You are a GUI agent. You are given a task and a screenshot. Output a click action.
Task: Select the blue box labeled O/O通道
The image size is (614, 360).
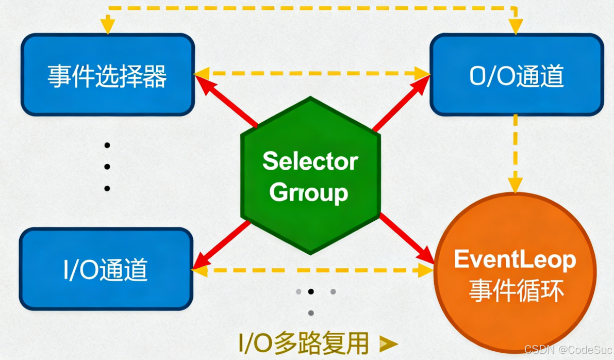click(x=517, y=75)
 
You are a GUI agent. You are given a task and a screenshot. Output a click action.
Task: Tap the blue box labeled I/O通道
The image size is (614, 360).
click(x=106, y=269)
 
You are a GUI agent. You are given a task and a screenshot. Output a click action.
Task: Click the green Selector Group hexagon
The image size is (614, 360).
click(x=310, y=175)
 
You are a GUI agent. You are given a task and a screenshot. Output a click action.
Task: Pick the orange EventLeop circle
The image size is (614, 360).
click(x=515, y=273)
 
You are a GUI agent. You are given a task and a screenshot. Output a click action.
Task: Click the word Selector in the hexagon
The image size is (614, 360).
click(x=310, y=161)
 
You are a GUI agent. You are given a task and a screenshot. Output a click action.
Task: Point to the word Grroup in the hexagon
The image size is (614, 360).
click(x=309, y=193)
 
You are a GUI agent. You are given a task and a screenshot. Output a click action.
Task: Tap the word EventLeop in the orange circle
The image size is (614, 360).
click(x=515, y=259)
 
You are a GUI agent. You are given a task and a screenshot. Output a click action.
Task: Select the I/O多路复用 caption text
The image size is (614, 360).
click(x=304, y=342)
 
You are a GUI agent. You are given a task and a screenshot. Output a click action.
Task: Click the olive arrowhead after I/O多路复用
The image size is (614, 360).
click(x=388, y=343)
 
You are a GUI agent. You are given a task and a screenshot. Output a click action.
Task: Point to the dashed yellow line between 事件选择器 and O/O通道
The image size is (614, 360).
click(x=312, y=74)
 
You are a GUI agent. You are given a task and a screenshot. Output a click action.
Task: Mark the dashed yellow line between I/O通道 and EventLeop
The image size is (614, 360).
click(x=312, y=270)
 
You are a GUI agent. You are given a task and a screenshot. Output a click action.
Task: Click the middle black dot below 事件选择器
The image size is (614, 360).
click(x=107, y=167)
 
